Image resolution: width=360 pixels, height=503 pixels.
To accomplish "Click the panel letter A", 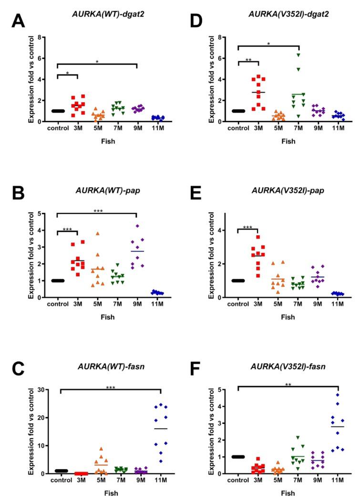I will click(x=18, y=20).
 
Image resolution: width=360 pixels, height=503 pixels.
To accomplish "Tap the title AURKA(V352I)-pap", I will click(x=279, y=192).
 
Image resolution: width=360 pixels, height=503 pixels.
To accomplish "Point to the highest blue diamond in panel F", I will click(x=337, y=395).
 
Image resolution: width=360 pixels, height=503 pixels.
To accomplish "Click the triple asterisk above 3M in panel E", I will click(x=248, y=228).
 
